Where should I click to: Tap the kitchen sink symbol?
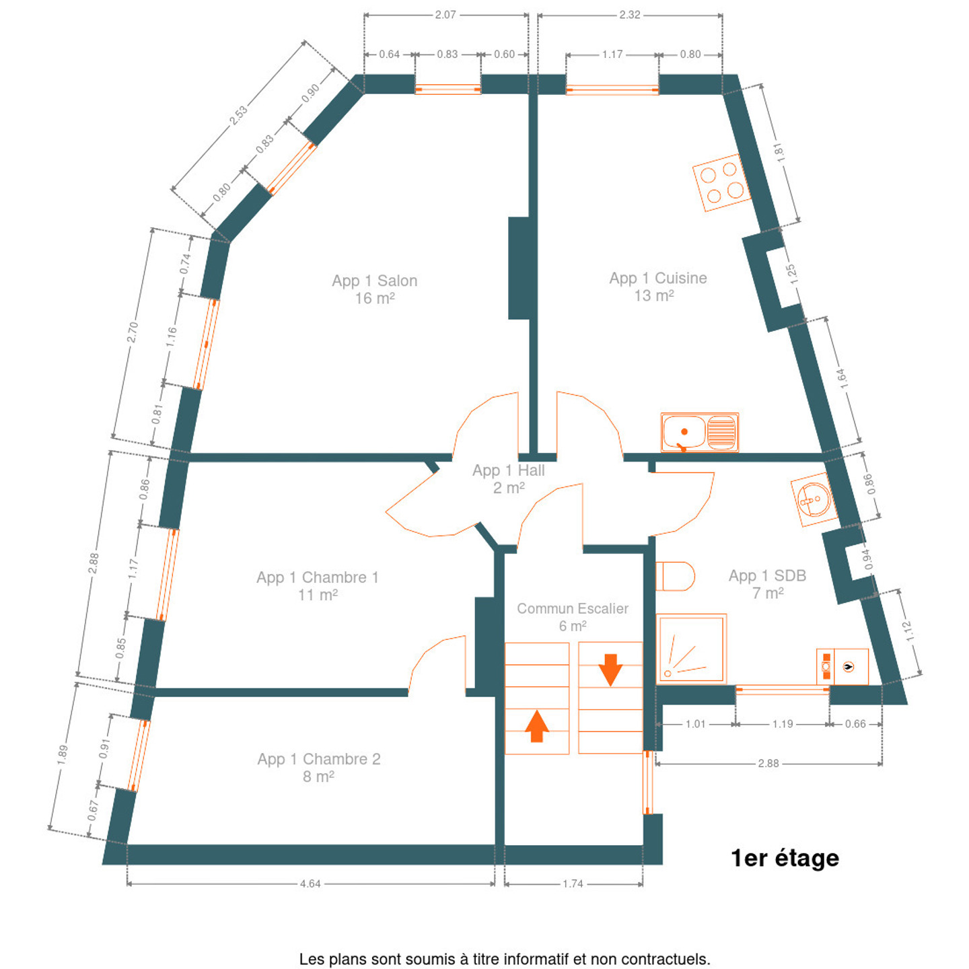[699, 432]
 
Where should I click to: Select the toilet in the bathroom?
[675, 576]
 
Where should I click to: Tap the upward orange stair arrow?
[536, 726]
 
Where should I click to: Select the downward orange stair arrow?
[610, 669]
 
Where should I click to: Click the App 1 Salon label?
[374, 281]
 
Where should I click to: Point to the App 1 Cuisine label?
[657, 279]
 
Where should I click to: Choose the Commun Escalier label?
[572, 609]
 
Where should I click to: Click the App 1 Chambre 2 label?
[318, 760]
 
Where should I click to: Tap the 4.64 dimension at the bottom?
[310, 884]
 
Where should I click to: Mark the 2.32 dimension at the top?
[630, 15]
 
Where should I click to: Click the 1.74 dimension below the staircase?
[573, 884]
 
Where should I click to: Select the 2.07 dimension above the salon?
[445, 15]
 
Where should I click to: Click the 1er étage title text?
[785, 859]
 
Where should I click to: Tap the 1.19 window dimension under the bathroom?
[783, 725]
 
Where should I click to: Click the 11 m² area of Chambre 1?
[318, 596]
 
